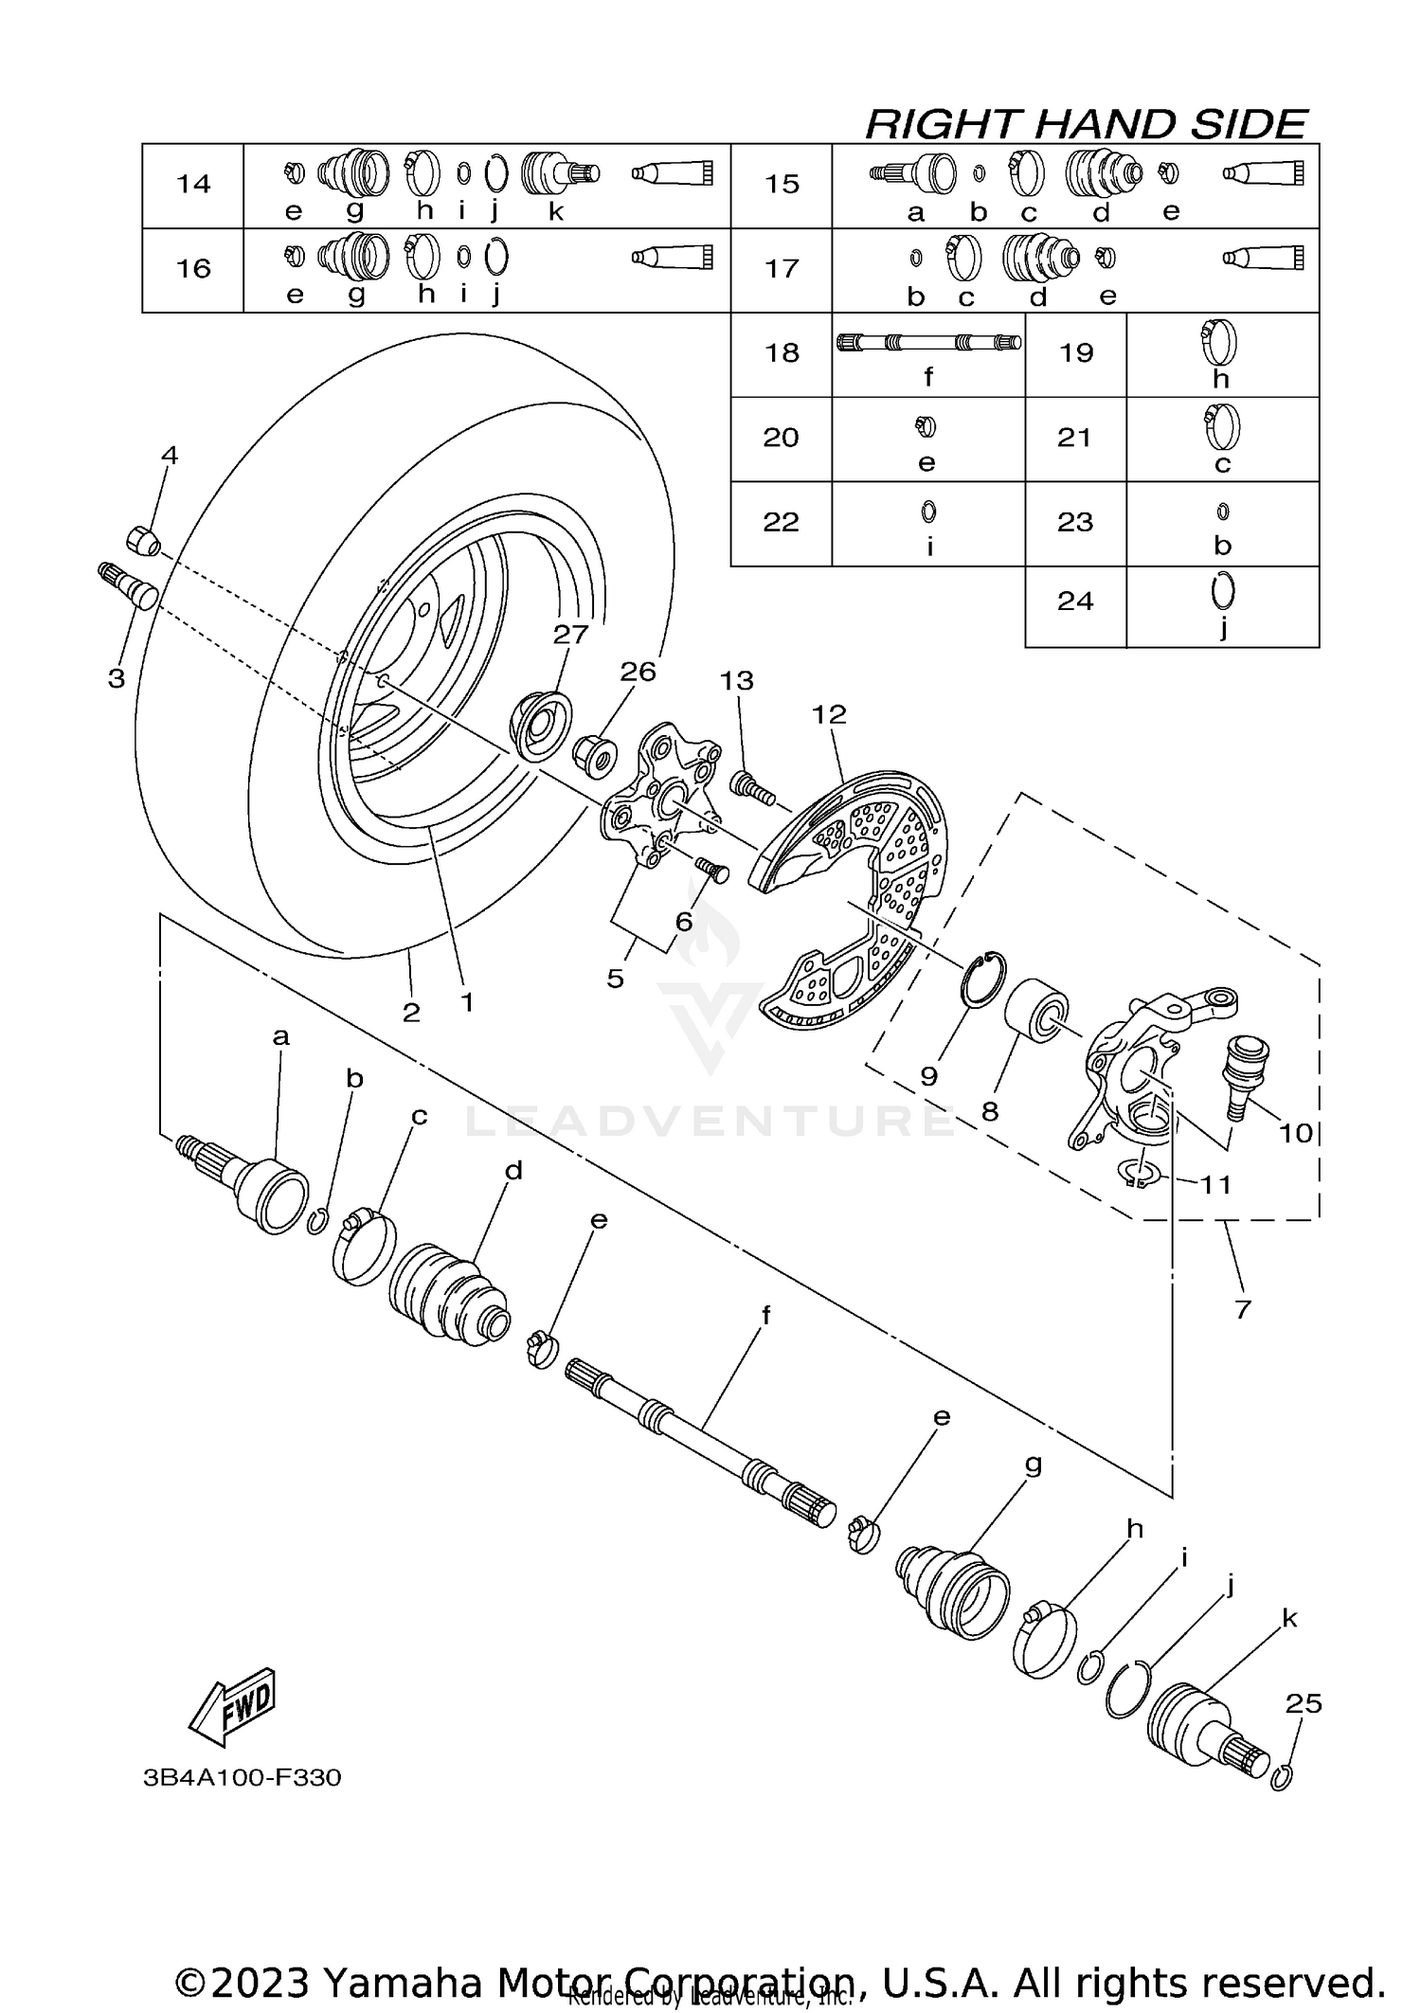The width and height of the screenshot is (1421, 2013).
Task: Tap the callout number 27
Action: click(x=571, y=634)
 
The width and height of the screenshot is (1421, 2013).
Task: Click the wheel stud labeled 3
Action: click(x=131, y=586)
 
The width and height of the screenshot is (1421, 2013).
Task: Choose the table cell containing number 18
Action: click(x=782, y=353)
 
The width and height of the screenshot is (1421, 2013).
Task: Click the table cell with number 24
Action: click(x=1075, y=602)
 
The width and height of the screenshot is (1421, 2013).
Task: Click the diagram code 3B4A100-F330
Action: click(x=242, y=1777)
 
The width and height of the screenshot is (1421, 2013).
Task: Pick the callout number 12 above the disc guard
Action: click(x=829, y=714)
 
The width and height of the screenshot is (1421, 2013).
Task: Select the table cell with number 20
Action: click(x=782, y=438)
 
